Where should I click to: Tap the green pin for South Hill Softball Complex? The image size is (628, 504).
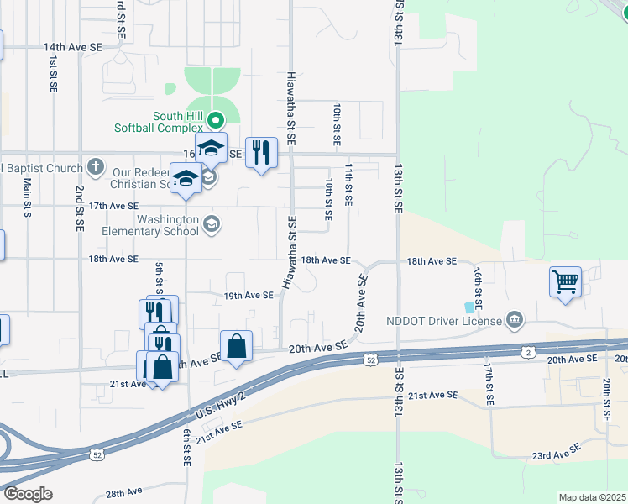click(x=216, y=120)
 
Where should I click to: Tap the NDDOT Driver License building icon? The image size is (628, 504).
click(x=515, y=319)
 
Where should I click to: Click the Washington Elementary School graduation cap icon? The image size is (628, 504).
click(x=212, y=223)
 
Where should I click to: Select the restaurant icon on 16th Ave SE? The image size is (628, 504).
click(x=261, y=152)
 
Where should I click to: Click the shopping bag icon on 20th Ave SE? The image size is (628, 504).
click(x=236, y=344)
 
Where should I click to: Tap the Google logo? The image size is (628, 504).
click(x=27, y=494)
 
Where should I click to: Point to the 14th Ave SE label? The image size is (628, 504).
click(x=72, y=48)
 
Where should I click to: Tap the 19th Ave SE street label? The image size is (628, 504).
click(x=249, y=296)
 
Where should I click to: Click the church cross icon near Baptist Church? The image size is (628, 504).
click(x=97, y=165)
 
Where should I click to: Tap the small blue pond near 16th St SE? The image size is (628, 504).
click(x=468, y=308)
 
